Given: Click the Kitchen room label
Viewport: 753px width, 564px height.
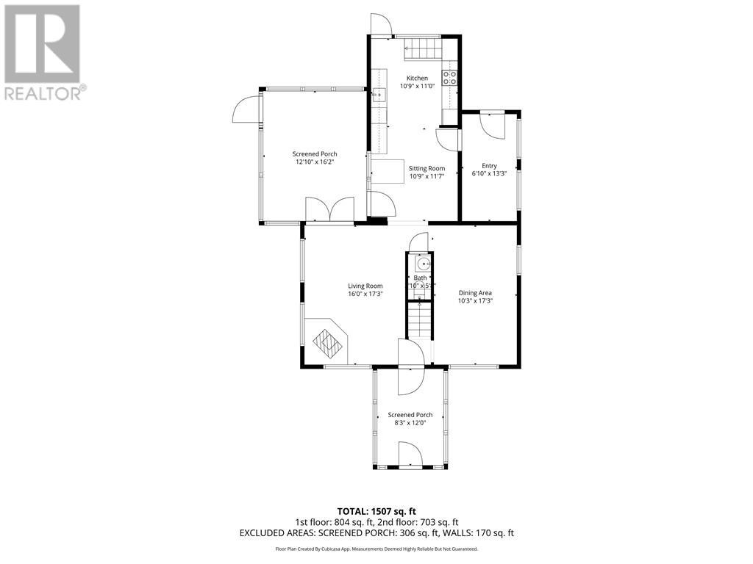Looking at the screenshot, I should pos(417,78).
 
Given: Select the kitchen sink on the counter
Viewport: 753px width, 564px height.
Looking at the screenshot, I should pos(379,93).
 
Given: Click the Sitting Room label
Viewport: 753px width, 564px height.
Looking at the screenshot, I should pos(427,168).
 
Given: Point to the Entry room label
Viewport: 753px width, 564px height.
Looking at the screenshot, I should pos(489,166).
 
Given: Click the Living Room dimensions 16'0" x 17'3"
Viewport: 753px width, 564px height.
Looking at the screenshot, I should pos(365,294).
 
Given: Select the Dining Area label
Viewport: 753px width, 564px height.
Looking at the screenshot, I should pos(475,292).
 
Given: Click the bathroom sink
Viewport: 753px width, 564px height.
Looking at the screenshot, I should pos(422,264).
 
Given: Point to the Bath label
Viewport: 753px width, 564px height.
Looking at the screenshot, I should pos(420,278).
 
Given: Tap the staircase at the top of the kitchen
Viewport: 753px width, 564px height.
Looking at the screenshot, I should pos(421,50).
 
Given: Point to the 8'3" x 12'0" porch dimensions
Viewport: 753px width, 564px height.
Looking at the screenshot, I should pos(410,423).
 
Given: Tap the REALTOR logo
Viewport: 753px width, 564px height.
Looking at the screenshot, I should pos(43,51).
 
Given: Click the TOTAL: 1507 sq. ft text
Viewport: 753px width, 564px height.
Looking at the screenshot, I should pos(376,511).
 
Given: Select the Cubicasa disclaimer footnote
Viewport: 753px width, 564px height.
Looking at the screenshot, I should pos(376,549).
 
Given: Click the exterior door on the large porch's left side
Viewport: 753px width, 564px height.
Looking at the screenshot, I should pos(246,111).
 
